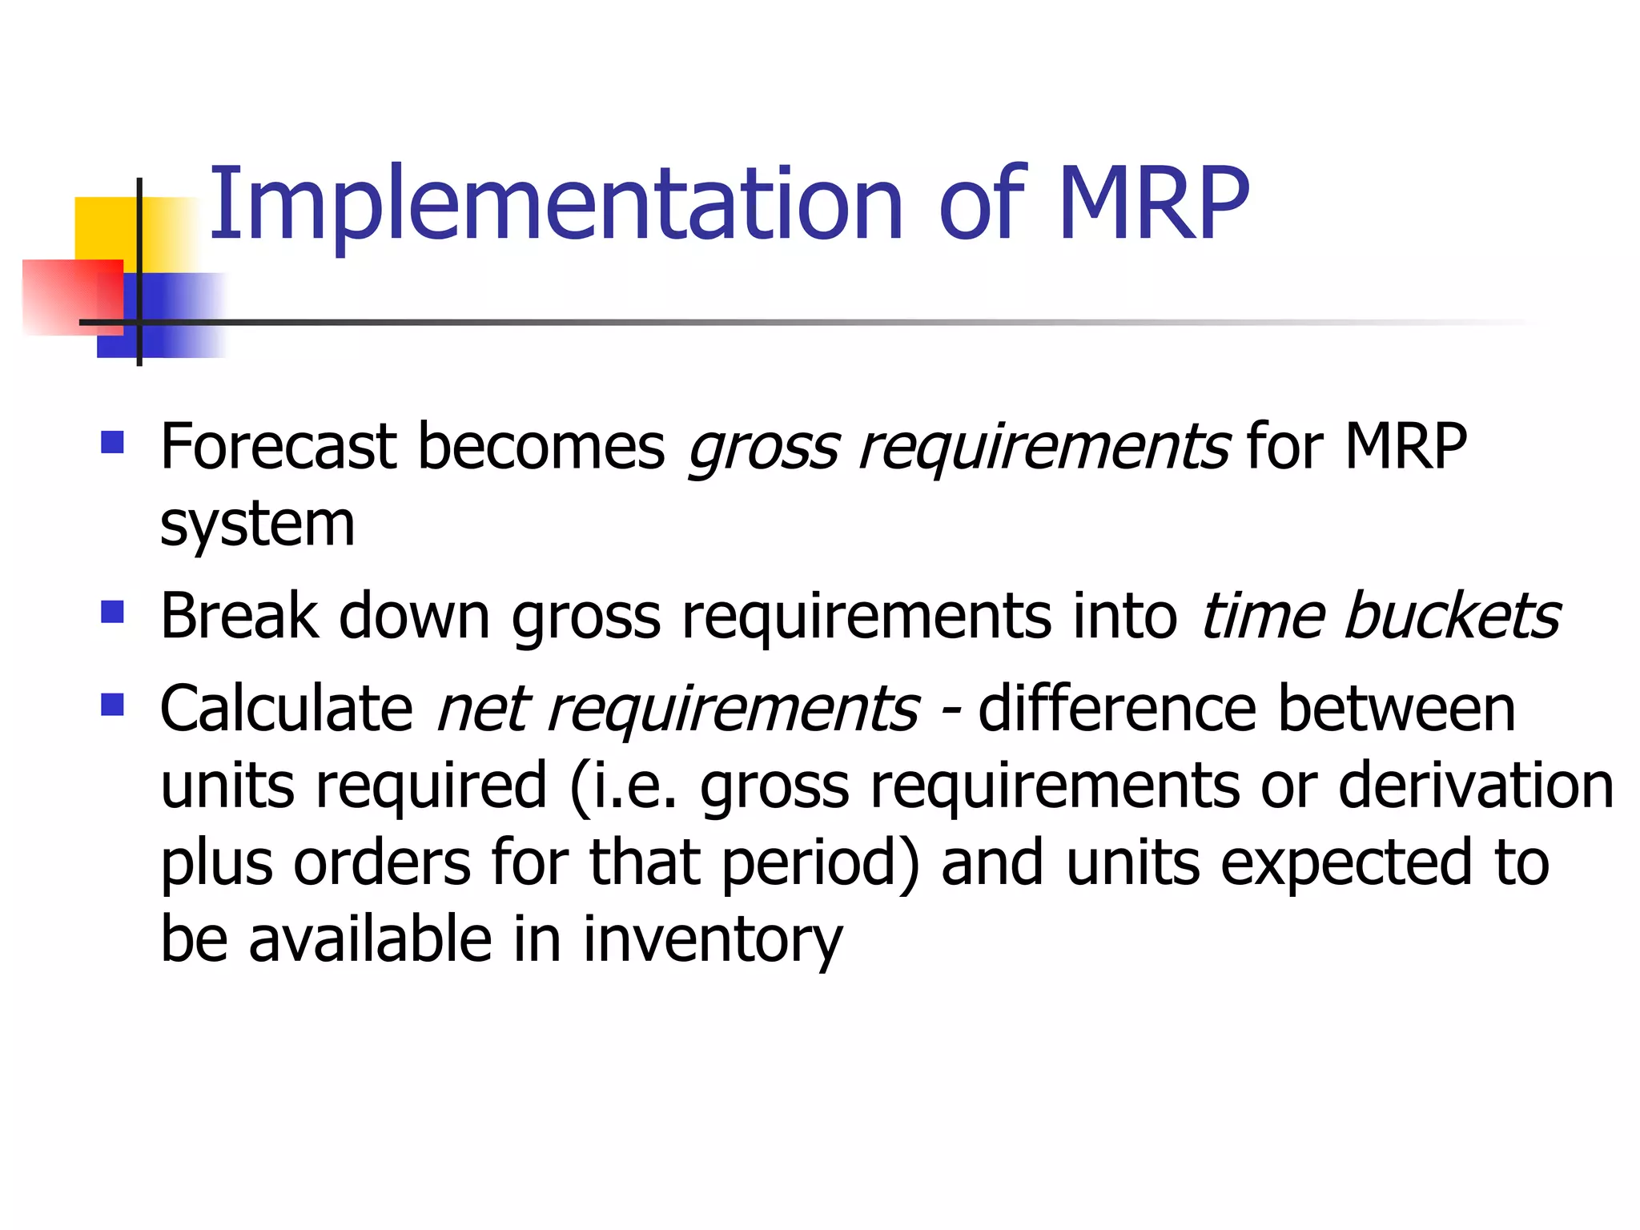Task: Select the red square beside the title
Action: [72, 296]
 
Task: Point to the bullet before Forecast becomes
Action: [113, 443]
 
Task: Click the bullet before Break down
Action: [113, 613]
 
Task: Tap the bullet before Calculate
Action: [113, 705]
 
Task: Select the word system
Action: [257, 525]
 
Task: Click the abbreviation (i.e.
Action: [624, 786]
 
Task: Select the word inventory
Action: [712, 939]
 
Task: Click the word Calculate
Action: [286, 709]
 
